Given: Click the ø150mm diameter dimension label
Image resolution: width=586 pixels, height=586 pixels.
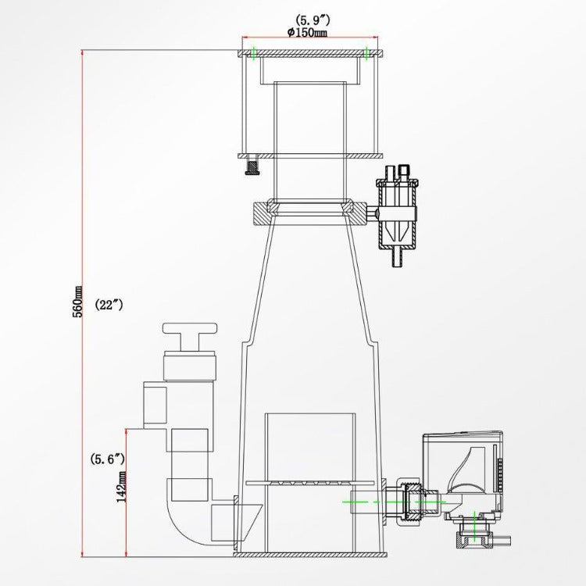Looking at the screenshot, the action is [x=307, y=33].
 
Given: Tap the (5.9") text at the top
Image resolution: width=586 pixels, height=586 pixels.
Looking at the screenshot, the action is [x=313, y=20].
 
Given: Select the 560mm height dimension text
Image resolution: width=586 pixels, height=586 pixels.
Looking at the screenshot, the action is [x=78, y=302].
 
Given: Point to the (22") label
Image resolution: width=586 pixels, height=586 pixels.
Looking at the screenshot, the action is [x=109, y=305].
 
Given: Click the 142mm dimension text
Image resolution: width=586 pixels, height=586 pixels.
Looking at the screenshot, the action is [x=121, y=487].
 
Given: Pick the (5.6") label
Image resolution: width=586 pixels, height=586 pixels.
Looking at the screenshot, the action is [x=108, y=459].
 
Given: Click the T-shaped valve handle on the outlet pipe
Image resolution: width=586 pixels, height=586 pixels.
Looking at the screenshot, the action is [x=190, y=336].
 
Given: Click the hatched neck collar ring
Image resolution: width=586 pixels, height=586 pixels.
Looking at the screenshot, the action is [x=310, y=214].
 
